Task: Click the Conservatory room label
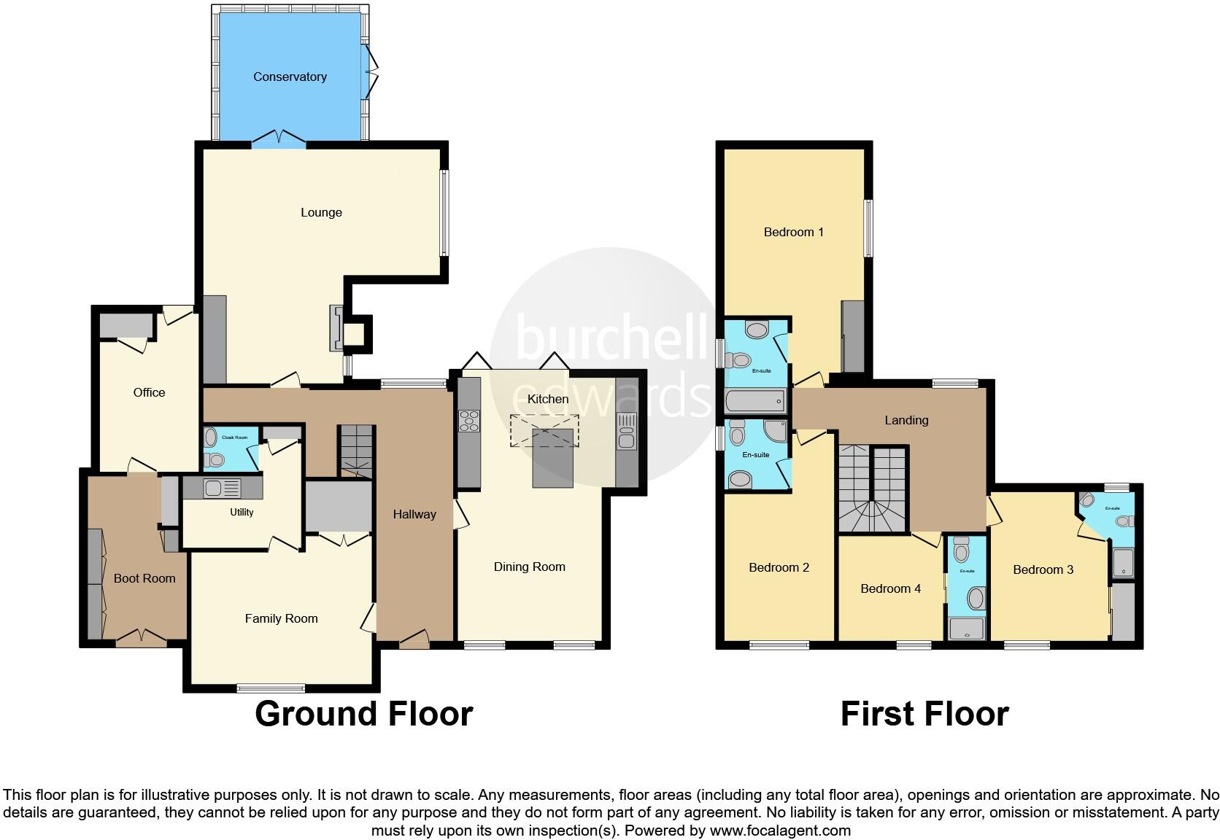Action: click(290, 77)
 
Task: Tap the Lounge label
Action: click(321, 212)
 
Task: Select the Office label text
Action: click(149, 392)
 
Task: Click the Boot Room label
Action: click(144, 578)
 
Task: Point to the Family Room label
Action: click(281, 618)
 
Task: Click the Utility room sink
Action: click(213, 488)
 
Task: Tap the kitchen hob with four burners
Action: click(468, 421)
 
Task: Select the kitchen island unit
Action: click(552, 457)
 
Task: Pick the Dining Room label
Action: click(529, 567)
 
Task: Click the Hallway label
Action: click(414, 514)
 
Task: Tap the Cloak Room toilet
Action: click(213, 459)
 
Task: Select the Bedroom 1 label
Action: click(793, 232)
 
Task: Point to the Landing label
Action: click(906, 420)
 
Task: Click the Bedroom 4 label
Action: click(890, 588)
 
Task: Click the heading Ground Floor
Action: click(363, 713)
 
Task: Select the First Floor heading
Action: click(924, 713)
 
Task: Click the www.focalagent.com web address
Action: click(779, 830)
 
